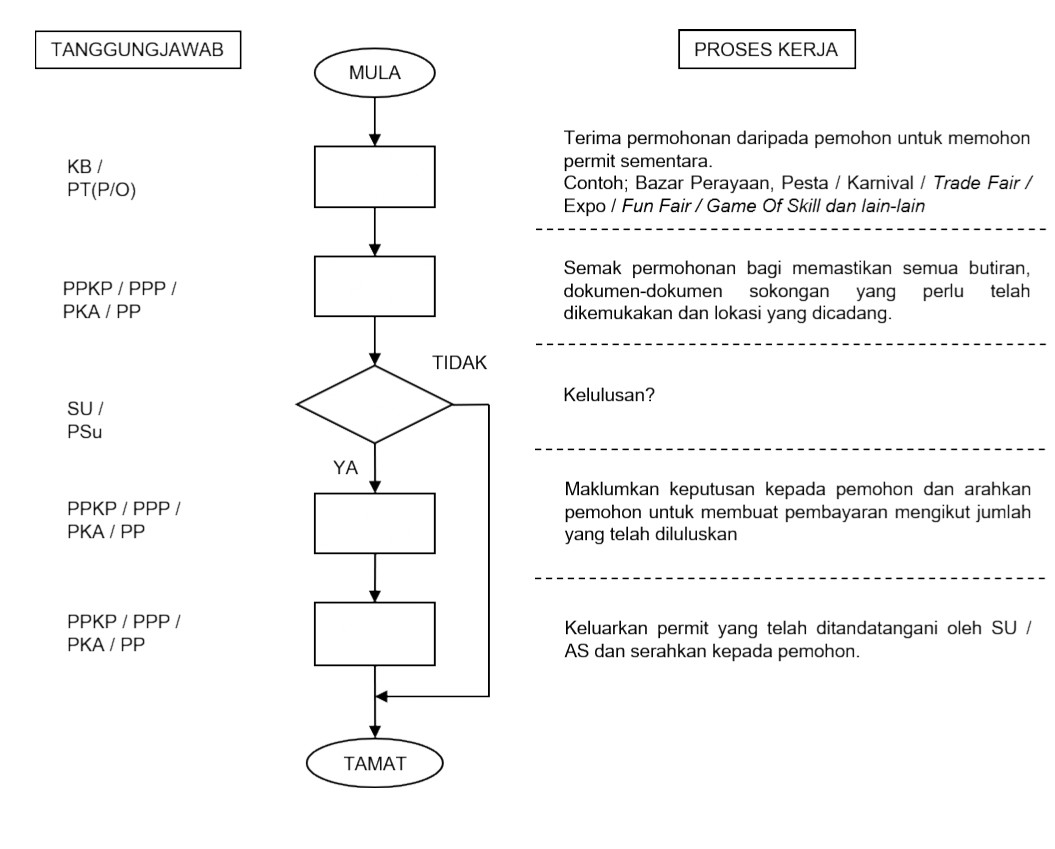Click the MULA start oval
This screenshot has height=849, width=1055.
pyautogui.click(x=374, y=72)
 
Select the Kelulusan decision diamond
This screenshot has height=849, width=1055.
pyautogui.click(x=374, y=404)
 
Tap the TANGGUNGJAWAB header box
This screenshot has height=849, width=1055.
pyautogui.click(x=137, y=49)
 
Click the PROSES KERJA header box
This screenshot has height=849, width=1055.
pyautogui.click(x=767, y=49)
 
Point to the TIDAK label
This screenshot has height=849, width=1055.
pyautogui.click(x=460, y=363)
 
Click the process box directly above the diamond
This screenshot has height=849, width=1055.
pyautogui.click(x=374, y=290)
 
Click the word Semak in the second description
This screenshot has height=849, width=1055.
pyautogui.click(x=587, y=268)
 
